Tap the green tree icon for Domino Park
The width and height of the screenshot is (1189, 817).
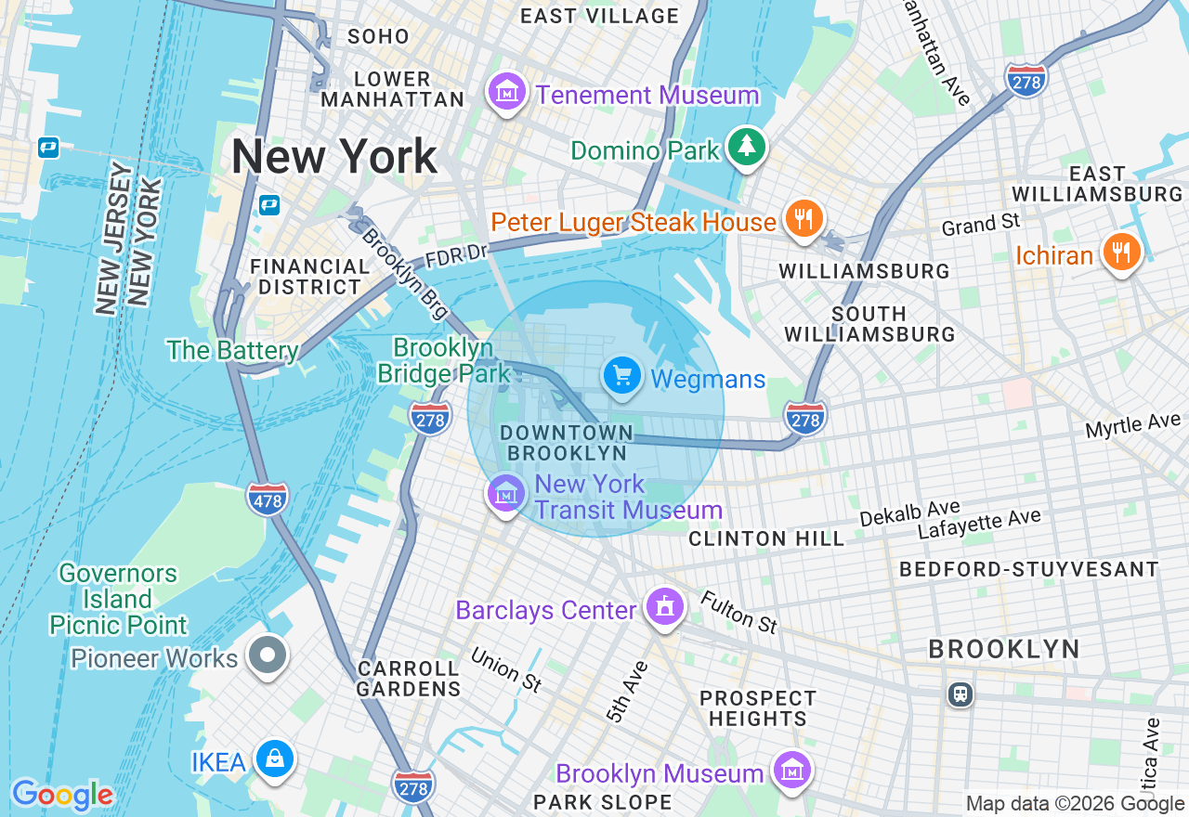coord(745,147)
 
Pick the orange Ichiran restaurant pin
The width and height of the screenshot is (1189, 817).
coord(1121,251)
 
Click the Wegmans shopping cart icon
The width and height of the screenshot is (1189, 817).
coord(621,376)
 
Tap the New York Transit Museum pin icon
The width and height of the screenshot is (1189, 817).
coord(505,493)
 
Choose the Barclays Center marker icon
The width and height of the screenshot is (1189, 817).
coord(664,608)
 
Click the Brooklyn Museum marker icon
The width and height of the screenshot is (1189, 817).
coord(792,771)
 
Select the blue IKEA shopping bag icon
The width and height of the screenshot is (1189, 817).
coord(275,759)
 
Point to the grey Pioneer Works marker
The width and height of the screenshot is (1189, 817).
coord(268,655)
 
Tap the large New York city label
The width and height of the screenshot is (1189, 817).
coord(333,156)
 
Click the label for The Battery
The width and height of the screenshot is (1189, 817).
coord(232,350)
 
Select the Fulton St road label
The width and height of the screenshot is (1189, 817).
coord(739,613)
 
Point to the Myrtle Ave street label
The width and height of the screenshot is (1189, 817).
coord(1132,426)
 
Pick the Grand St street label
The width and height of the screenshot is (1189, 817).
coord(980,224)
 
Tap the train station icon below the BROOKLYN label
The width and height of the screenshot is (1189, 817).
coord(960,694)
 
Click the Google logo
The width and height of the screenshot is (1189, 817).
coord(62,795)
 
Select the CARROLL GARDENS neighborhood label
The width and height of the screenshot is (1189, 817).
coord(408,679)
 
